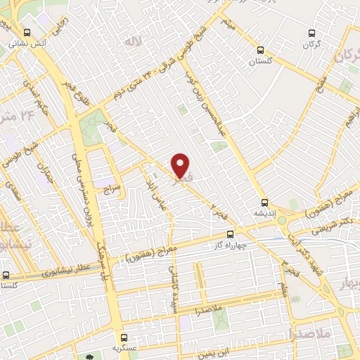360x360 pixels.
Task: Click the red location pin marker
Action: point(181,166)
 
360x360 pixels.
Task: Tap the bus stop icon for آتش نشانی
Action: point(27,32)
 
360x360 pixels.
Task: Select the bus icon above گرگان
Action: point(313,33)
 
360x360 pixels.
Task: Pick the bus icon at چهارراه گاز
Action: point(230,235)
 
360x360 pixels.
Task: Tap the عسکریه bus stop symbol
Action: point(124,337)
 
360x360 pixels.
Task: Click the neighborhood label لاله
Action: point(133,43)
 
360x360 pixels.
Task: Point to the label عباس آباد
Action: point(154,190)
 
